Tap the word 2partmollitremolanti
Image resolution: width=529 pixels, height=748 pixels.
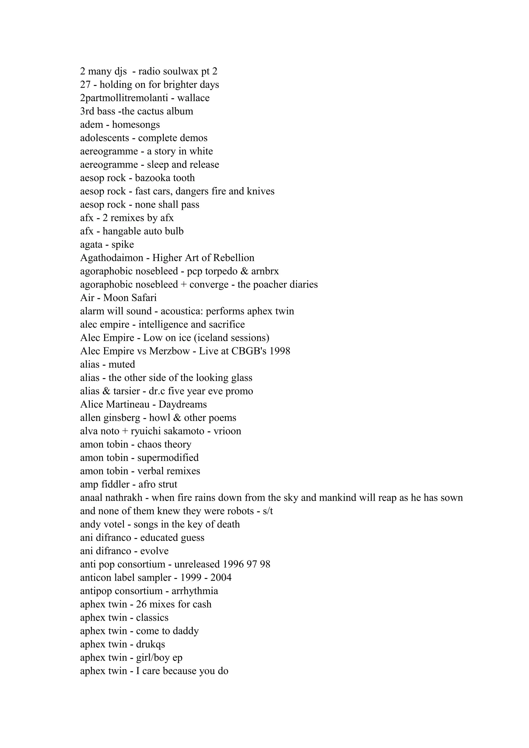tap(124, 98)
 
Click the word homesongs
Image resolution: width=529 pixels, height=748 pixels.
tap(136, 125)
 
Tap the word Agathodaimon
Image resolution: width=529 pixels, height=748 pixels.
tap(112, 258)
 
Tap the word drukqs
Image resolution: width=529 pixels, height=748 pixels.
tap(151, 644)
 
